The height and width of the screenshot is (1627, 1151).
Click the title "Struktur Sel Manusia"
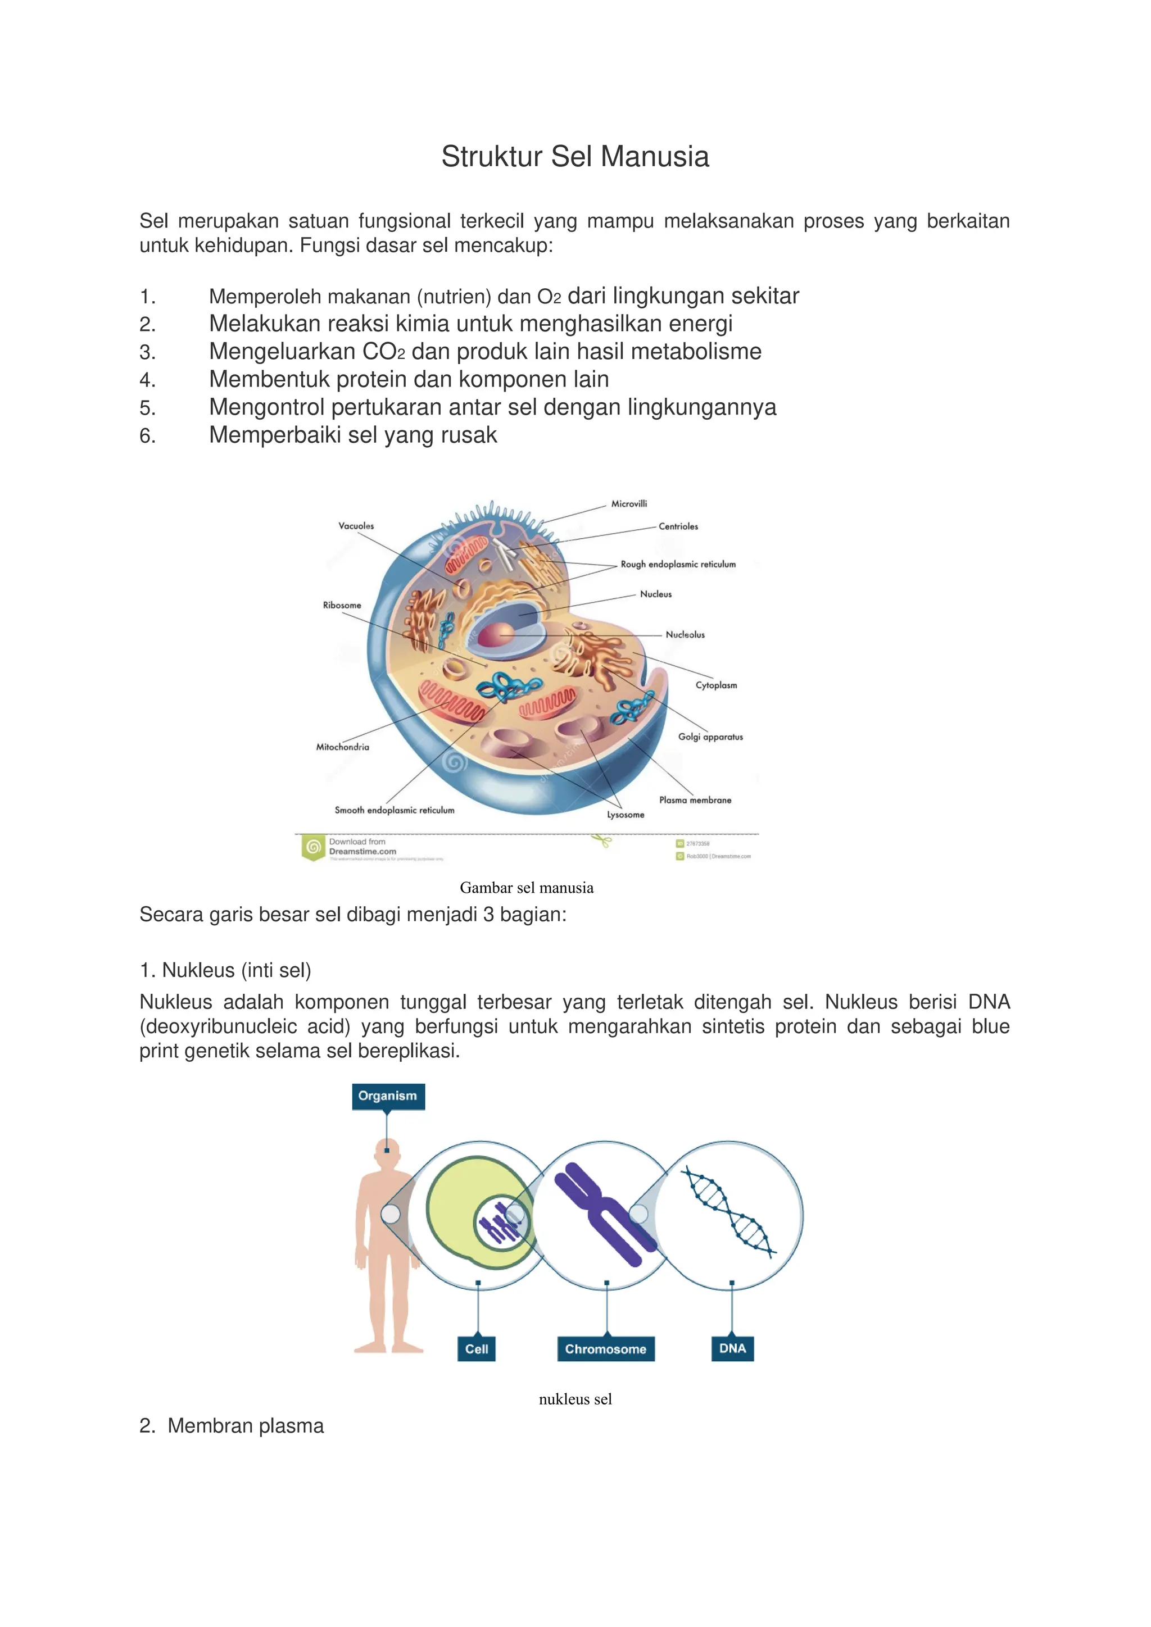pos(575,157)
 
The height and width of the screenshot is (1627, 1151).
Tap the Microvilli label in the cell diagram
pos(629,504)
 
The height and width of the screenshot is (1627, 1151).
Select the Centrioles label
pos(678,526)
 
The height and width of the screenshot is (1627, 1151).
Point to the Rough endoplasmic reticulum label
pos(678,564)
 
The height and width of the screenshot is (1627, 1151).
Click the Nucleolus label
pos(685,634)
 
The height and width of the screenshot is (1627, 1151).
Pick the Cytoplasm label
pos(716,685)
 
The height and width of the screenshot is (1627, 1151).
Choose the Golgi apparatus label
pos(710,737)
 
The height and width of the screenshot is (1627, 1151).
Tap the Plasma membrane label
pos(695,800)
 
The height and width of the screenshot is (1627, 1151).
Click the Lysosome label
pos(625,815)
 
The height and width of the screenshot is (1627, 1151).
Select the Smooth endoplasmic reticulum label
pos(394,810)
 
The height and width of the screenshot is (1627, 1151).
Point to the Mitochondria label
pos(342,747)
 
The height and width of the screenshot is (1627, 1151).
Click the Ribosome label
pos(342,605)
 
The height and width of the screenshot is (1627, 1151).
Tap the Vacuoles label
pos(356,526)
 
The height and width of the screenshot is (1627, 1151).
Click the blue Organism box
pos(388,1096)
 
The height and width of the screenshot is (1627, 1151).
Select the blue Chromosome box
pos(605,1349)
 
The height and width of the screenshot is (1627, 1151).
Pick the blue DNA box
pos(732,1348)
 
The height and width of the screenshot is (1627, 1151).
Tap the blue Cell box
pos(476,1349)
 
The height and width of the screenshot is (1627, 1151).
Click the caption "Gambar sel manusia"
pos(527,888)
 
